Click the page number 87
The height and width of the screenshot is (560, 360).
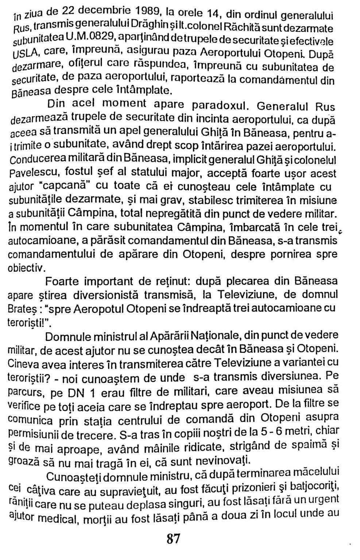[173, 538]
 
